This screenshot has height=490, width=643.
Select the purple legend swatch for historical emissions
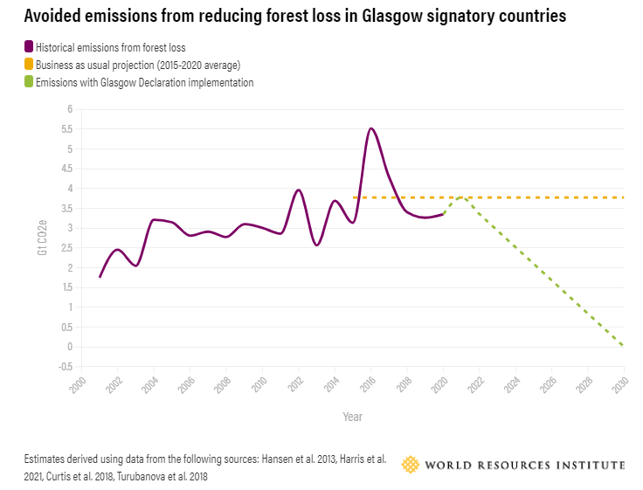[29, 47]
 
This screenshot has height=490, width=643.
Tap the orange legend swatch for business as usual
[29, 65]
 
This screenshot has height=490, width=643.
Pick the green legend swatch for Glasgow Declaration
[29, 82]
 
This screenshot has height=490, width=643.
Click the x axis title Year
[352, 417]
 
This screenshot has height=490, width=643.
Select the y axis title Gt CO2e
[41, 238]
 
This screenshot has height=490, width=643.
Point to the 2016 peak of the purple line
[371, 128]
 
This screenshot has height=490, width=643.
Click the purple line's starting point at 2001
[100, 277]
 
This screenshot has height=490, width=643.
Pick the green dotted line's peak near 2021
[461, 197]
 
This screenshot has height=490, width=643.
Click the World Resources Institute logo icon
[410, 465]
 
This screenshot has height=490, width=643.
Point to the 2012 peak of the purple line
[299, 190]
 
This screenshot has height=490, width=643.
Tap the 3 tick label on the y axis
[70, 228]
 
